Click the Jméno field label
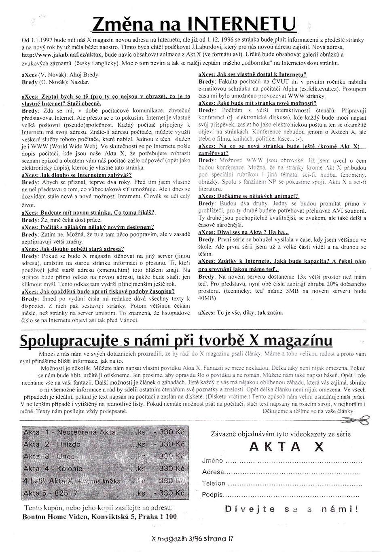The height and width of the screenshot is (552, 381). click(213, 461)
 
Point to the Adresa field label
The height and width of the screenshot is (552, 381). click(213, 472)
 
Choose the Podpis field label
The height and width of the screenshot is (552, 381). click(212, 494)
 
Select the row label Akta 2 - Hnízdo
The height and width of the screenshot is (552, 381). click(52, 444)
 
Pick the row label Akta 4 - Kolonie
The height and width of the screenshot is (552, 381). click(53, 468)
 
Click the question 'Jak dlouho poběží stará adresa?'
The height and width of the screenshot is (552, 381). click(73, 249)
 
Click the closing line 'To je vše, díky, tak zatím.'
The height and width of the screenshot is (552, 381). click(241, 313)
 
